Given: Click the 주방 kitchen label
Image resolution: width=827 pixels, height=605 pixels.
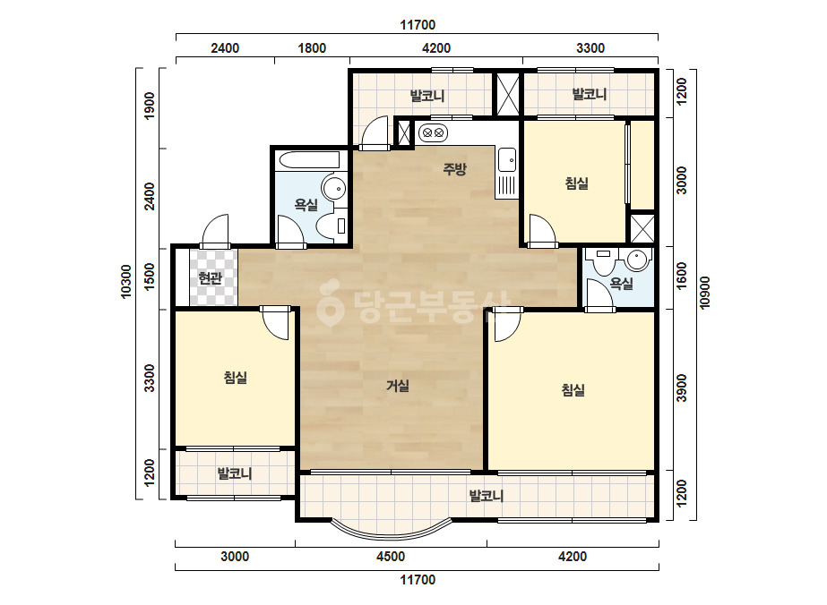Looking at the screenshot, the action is click(454, 169).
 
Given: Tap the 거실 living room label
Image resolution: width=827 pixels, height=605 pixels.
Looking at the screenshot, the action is click(398, 386).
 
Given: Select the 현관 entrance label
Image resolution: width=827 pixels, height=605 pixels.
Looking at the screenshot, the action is click(210, 277).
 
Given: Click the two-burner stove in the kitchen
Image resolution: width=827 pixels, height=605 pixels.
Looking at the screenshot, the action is click(433, 132).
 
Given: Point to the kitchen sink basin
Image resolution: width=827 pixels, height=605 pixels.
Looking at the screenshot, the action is click(507, 159).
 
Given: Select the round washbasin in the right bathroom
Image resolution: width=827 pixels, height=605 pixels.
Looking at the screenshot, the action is click(637, 260).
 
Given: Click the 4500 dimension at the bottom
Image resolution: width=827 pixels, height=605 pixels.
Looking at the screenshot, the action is click(391, 557).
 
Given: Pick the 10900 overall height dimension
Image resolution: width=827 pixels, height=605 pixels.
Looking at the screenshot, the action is click(706, 293).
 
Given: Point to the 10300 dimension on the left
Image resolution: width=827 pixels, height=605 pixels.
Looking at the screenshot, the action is click(126, 281).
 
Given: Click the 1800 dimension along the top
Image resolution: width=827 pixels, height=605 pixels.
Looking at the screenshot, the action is click(312, 48).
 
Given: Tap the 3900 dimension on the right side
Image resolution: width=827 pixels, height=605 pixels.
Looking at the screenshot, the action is click(682, 388).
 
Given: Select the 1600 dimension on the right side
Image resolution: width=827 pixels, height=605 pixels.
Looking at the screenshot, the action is click(682, 276).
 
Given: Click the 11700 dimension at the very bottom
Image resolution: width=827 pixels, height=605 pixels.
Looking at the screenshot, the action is click(418, 580).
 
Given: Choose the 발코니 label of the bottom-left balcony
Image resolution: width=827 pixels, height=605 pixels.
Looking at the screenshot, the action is click(235, 473).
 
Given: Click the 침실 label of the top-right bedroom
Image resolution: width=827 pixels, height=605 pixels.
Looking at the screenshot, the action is click(576, 183).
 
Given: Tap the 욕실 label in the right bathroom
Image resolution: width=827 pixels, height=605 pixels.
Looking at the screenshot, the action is click(621, 284).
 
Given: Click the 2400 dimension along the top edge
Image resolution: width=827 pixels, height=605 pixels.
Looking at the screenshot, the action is click(225, 48).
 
